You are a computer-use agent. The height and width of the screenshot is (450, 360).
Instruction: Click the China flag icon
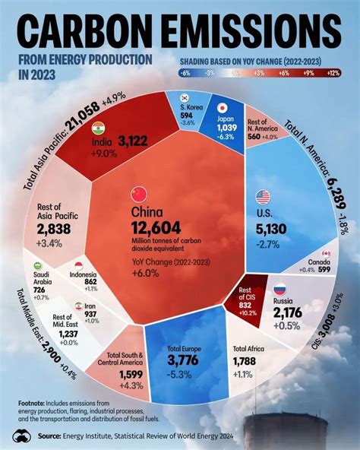138,192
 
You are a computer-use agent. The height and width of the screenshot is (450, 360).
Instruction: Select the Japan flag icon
223,108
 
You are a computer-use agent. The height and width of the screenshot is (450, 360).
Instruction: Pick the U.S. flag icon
263,196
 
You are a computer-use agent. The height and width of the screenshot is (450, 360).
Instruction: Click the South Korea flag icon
184,97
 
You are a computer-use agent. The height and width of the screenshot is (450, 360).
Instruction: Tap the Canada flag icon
327,253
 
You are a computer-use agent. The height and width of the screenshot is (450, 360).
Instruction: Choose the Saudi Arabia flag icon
38,266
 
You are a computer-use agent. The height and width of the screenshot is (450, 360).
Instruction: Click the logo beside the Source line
23,435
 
